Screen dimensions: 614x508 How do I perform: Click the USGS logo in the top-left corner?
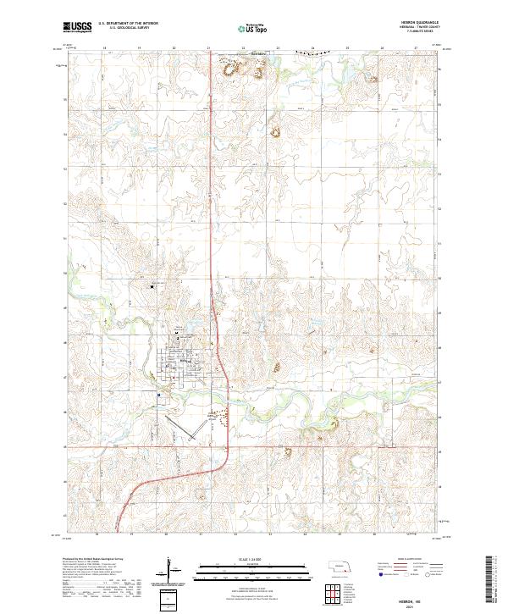(x=78, y=28)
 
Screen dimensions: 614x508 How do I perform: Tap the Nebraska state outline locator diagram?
(x=342, y=567)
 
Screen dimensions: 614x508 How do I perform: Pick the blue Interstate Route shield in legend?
(x=378, y=573)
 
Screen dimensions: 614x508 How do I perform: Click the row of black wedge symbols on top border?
(x=308, y=53)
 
